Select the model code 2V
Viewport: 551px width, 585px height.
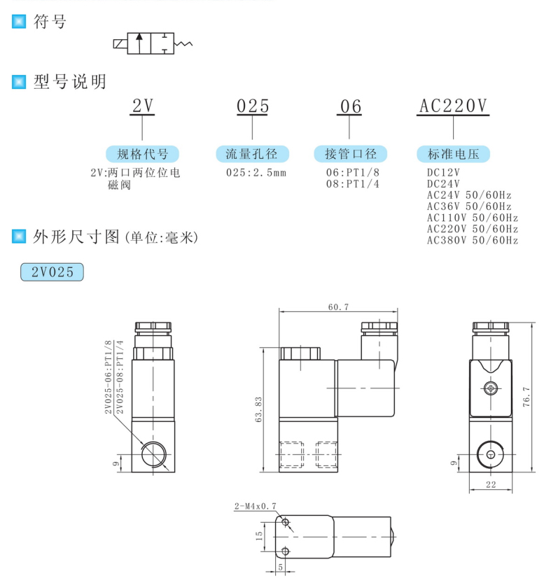tap(143, 106)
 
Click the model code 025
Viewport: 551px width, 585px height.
tap(252, 106)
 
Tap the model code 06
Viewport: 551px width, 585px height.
tap(351, 106)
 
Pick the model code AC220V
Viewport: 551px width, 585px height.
tap(452, 106)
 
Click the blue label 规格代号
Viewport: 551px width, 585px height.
tap(142, 154)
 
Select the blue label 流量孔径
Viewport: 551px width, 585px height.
tap(251, 154)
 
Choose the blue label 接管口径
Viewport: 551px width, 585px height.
tap(351, 154)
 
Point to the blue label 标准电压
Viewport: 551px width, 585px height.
tap(453, 154)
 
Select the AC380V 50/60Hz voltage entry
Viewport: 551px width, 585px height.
tap(472, 240)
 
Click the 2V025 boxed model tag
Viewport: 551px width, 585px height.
tap(53, 272)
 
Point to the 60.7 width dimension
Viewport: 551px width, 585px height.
tap(337, 306)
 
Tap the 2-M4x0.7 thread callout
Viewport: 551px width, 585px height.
tap(256, 505)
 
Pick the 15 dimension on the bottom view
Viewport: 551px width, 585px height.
tap(259, 536)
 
